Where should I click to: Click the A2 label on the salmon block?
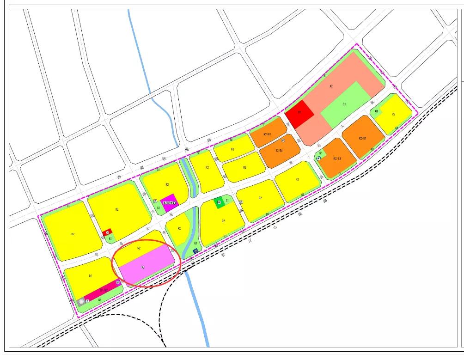331,86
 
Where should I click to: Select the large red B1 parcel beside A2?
299,112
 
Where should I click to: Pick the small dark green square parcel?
219,201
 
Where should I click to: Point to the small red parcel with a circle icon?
107,232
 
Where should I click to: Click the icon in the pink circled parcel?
143,267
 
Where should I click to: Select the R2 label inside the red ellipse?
139,248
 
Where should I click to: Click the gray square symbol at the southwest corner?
82,301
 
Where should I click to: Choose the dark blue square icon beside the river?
195,251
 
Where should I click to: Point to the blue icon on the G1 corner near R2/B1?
318,158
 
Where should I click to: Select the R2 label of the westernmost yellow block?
73,234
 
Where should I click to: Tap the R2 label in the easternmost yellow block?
394,114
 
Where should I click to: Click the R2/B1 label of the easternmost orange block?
362,138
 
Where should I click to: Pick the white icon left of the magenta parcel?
155,201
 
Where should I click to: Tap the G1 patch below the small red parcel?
110,239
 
